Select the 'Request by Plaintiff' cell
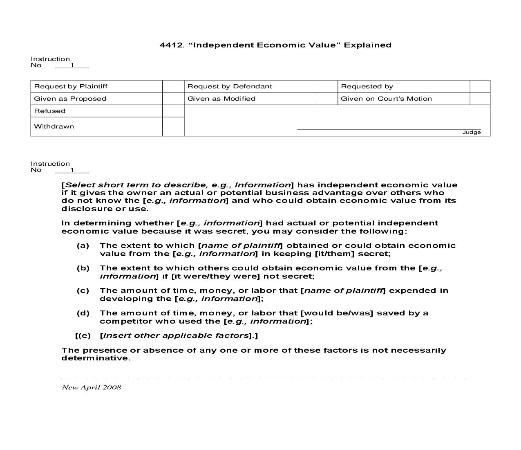pyautogui.click(x=71, y=86)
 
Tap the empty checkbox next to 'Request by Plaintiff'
pyautogui.click(x=173, y=86)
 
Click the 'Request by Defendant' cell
pyautogui.click(x=230, y=86)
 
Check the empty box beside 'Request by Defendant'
pyautogui.click(x=326, y=86)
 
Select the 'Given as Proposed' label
pyautogui.click(x=70, y=99)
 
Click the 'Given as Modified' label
pyautogui.click(x=221, y=99)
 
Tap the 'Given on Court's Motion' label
pyautogui.click(x=386, y=99)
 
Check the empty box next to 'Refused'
pyautogui.click(x=173, y=111)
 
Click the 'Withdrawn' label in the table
pyautogui.click(x=54, y=126)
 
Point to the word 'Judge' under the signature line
pyautogui.click(x=472, y=132)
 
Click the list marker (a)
pyautogui.click(x=83, y=245)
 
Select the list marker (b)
pyautogui.click(x=83, y=268)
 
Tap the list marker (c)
pyautogui.click(x=83, y=290)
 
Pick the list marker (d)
pyautogui.click(x=83, y=313)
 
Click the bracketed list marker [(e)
pyautogui.click(x=83, y=335)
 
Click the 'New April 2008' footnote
pyautogui.click(x=92, y=387)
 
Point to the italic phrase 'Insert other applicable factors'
pyautogui.click(x=176, y=335)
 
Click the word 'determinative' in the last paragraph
pyautogui.click(x=95, y=358)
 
